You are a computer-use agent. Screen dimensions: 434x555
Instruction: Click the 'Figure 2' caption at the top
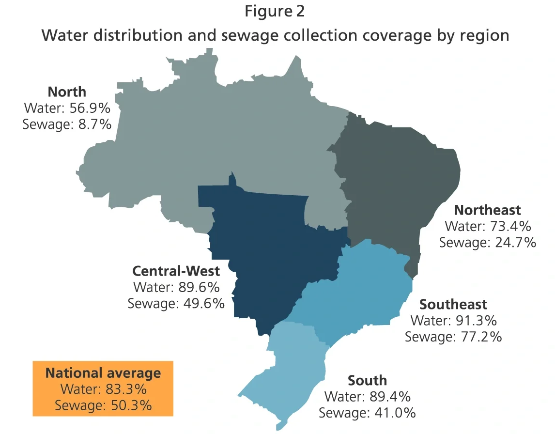275,12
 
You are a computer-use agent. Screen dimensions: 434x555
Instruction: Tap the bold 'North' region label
67,92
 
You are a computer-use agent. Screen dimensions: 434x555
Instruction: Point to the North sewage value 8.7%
95,124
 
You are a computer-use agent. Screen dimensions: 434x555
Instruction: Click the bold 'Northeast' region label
487,210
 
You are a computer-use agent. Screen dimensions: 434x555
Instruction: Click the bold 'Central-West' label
176,271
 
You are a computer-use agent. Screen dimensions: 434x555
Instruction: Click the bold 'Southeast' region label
453,304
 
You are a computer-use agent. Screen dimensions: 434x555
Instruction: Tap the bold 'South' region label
367,380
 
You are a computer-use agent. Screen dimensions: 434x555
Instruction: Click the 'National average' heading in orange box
103,373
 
